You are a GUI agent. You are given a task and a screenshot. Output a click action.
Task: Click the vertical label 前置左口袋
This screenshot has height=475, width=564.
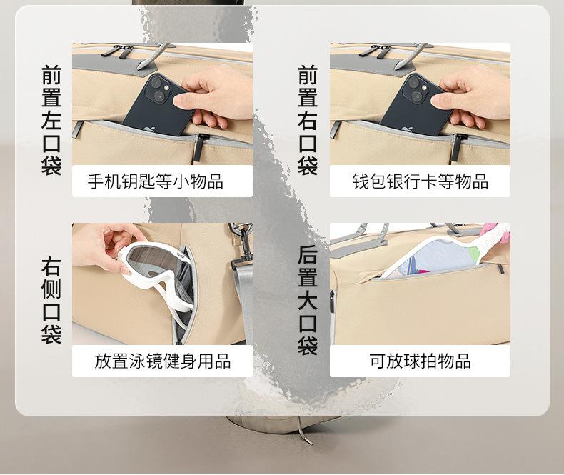(x=51, y=120)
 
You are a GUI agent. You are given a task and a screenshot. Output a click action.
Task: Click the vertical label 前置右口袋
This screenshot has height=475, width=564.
(x=308, y=120)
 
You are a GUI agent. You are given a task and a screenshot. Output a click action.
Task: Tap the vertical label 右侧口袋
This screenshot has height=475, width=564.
(x=51, y=300)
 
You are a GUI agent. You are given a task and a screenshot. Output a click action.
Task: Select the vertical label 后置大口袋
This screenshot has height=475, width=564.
(x=308, y=300)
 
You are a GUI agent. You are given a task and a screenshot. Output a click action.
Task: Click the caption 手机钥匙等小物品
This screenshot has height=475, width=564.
(x=156, y=181)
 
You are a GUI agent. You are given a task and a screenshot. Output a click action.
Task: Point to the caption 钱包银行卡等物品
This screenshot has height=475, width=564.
(x=420, y=181)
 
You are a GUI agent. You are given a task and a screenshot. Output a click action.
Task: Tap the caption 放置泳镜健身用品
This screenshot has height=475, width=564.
(x=162, y=361)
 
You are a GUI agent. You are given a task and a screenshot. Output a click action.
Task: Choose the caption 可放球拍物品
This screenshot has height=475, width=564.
(x=420, y=361)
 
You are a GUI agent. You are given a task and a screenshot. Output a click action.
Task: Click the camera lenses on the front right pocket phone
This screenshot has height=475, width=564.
(x=416, y=89)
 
